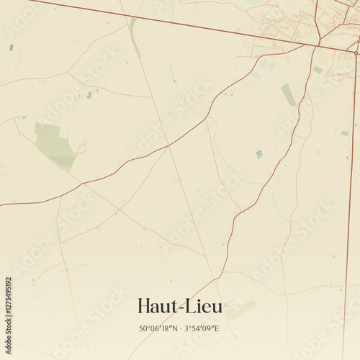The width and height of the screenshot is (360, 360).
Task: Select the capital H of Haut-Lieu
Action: pos(143,307)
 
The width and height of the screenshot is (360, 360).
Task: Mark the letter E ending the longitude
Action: pos(217,329)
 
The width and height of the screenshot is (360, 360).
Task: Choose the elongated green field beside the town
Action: pos(288,94)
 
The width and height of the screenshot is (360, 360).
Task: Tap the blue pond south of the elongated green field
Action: pos(259,153)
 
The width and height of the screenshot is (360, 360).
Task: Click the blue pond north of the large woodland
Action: pos(89,94)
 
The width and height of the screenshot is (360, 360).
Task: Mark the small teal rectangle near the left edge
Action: pos(12,48)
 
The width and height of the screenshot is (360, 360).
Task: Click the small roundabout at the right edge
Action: pos(356,52)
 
